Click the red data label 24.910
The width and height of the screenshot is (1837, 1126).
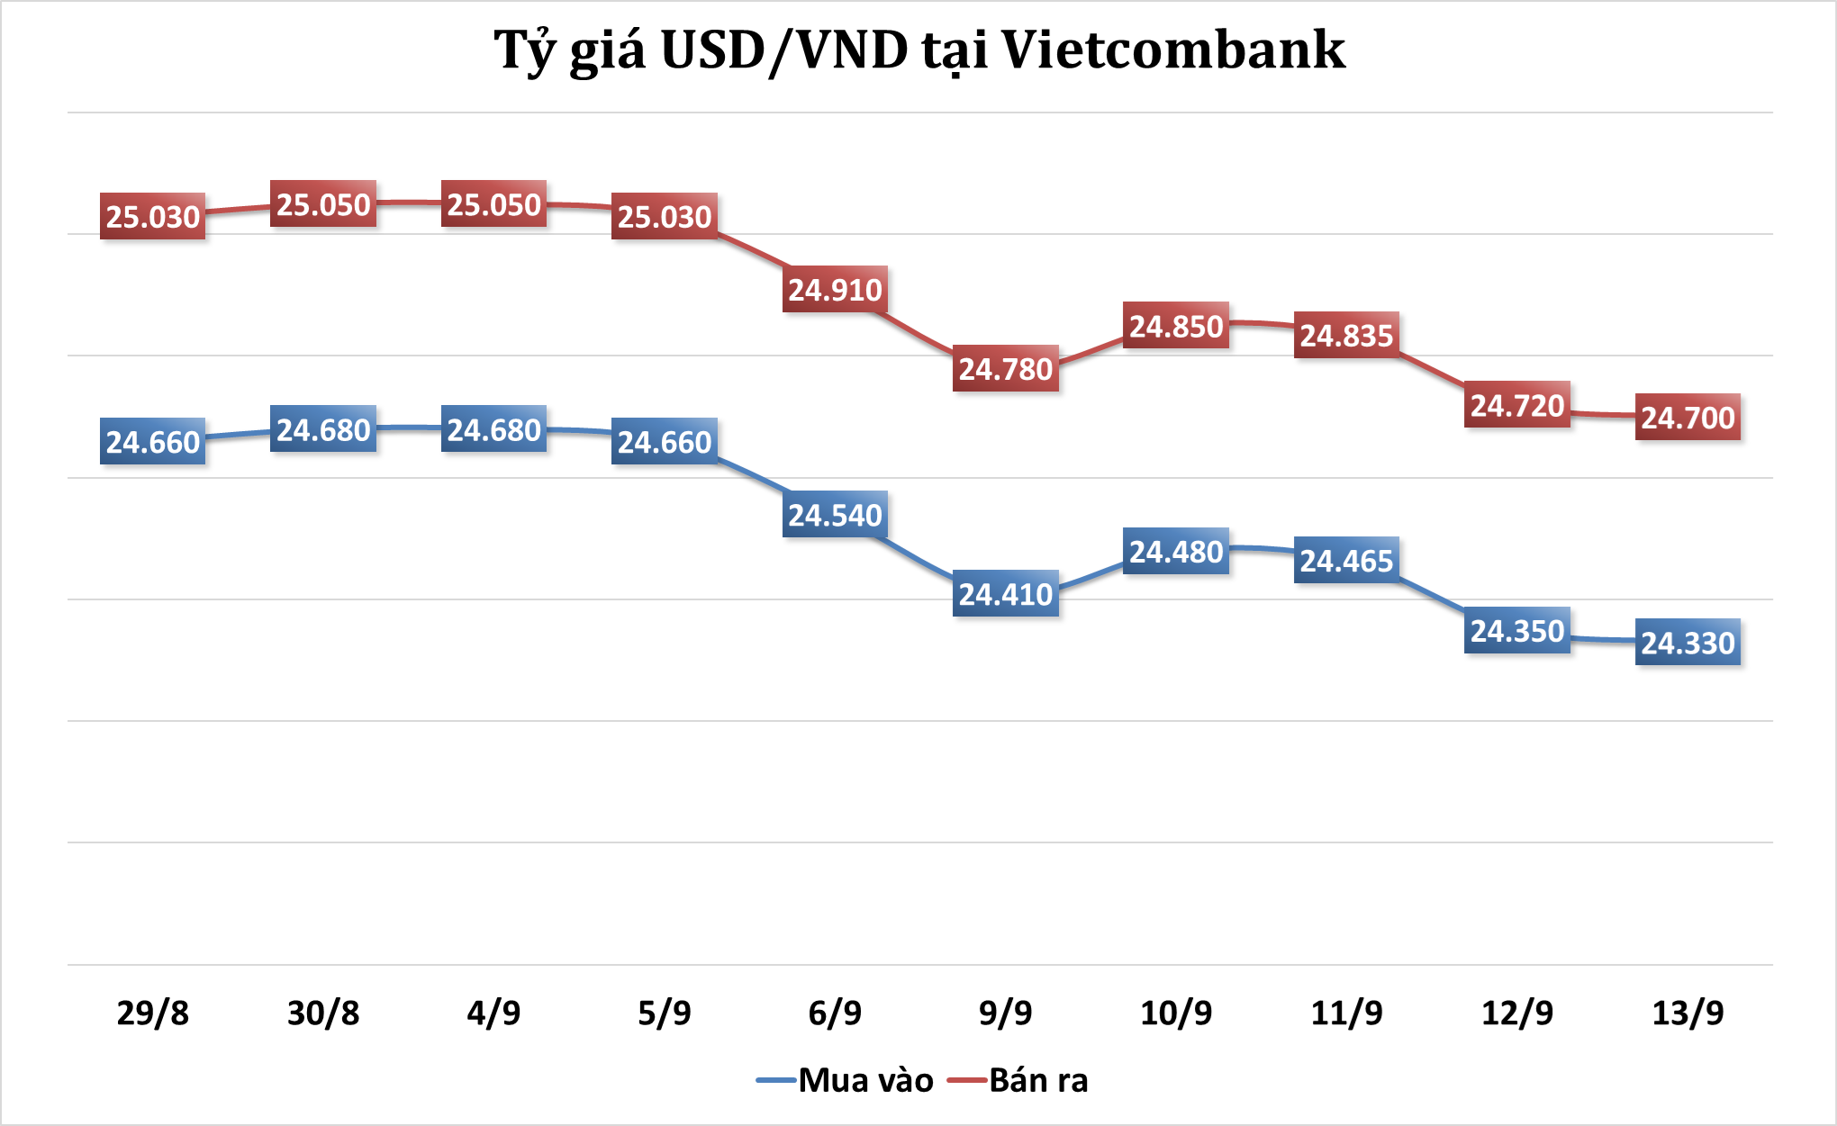[835, 290]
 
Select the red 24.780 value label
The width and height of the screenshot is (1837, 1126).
[1005, 369]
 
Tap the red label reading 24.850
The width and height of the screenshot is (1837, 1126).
[1176, 326]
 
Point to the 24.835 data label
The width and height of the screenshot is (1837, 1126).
[1346, 336]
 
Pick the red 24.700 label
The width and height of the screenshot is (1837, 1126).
[1688, 418]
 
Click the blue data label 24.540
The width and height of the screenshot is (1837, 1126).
[835, 515]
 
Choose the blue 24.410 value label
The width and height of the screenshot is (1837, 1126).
[1005, 594]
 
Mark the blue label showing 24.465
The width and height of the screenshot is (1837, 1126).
[1346, 561]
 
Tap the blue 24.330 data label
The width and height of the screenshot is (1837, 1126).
[1688, 643]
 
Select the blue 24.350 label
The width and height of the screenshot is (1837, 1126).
[1517, 631]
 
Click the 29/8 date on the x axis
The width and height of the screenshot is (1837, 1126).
[153, 1013]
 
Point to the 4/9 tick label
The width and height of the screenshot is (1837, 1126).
[493, 1013]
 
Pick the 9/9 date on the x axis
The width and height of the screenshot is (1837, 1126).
[1005, 1013]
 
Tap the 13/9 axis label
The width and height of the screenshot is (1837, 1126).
[1688, 1013]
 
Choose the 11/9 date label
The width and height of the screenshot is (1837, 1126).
[1346, 1013]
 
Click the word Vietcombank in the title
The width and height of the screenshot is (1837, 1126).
[1173, 50]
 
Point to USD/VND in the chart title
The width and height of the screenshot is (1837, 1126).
[784, 51]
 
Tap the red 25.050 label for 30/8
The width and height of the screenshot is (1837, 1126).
[323, 205]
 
